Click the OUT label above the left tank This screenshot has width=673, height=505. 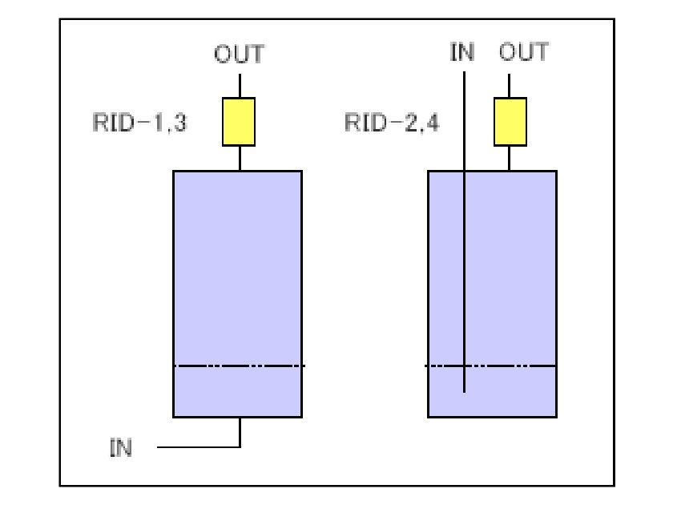pyautogui.click(x=239, y=55)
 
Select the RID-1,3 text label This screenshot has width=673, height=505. pyautogui.click(x=139, y=123)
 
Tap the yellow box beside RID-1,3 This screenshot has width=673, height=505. pyautogui.click(x=239, y=122)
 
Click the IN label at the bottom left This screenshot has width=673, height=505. pyautogui.click(x=121, y=446)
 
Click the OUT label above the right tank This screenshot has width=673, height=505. pyautogui.click(x=524, y=53)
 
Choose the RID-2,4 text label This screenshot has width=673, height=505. pyautogui.click(x=392, y=123)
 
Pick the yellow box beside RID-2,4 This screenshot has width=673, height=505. pyautogui.click(x=510, y=122)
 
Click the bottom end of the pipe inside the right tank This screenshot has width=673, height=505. pyautogui.click(x=464, y=391)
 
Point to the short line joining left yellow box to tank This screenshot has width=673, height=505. pyautogui.click(x=240, y=158)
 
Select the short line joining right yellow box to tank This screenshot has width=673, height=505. pyautogui.click(x=510, y=158)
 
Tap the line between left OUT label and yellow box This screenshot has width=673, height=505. pyautogui.click(x=240, y=85)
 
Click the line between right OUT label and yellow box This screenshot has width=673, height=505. pyautogui.click(x=510, y=85)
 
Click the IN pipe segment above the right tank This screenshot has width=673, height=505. pyautogui.click(x=464, y=120)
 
